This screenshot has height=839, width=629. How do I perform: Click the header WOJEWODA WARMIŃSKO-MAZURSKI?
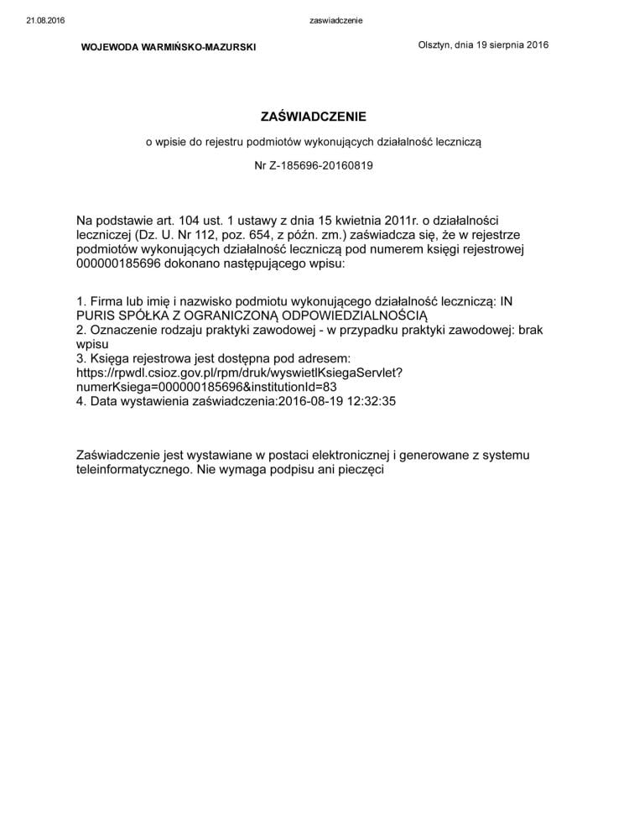click(169, 47)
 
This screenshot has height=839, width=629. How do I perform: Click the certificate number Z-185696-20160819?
click(322, 165)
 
